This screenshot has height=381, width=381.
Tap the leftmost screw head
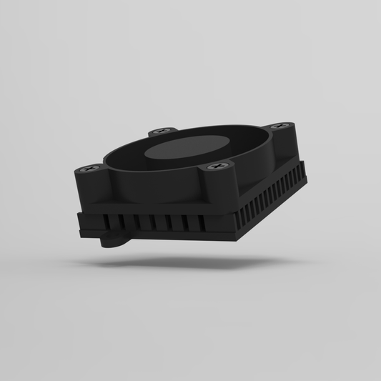(x=90, y=169)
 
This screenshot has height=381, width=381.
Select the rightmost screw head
(x=279, y=127)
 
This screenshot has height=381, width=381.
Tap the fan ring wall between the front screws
(x=154, y=187)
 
